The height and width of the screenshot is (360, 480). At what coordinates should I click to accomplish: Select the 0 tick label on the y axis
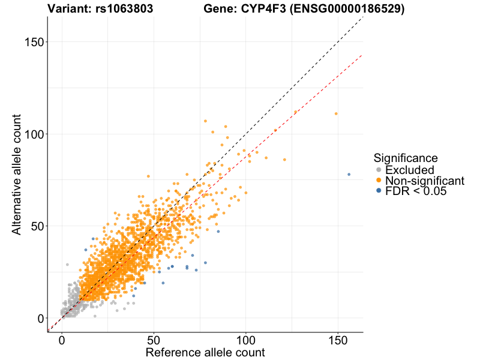[40, 319]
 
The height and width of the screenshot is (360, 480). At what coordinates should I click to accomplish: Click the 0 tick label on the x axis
[62, 340]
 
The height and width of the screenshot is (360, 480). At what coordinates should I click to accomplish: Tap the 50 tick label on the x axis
[154, 340]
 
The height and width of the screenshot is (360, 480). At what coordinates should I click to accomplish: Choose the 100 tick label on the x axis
[245, 340]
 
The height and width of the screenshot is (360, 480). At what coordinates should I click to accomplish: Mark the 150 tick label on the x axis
[337, 340]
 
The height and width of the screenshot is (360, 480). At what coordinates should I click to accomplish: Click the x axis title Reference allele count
[205, 352]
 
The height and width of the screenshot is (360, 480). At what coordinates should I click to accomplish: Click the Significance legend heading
[406, 158]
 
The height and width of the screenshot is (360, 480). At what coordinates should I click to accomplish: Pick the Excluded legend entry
[410, 170]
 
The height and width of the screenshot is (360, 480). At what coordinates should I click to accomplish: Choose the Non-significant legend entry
[425, 181]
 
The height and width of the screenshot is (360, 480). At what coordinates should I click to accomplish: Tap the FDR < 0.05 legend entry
[416, 191]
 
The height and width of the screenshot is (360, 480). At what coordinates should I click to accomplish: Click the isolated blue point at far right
[349, 175]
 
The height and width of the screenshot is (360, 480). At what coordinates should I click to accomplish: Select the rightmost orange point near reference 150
[336, 113]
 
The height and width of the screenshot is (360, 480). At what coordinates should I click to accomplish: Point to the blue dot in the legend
[378, 191]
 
